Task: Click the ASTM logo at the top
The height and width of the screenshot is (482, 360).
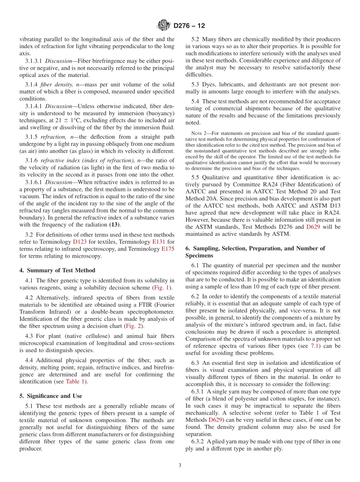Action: (x=164, y=25)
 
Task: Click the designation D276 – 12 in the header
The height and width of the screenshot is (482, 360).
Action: (x=189, y=26)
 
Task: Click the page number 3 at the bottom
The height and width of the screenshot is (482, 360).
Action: (x=180, y=465)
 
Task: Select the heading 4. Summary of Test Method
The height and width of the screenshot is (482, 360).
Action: (x=57, y=270)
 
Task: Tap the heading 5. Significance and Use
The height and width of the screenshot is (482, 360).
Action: (x=50, y=396)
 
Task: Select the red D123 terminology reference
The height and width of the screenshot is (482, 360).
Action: (x=80, y=241)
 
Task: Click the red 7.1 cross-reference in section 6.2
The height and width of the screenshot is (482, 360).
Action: (x=315, y=346)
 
